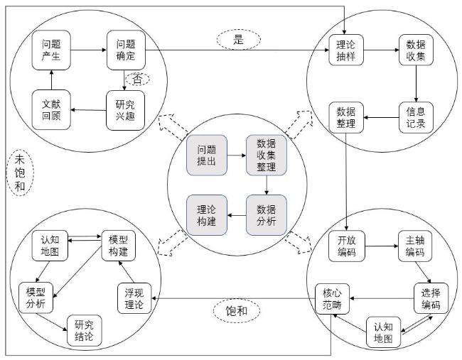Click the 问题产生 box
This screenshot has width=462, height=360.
coord(51,50)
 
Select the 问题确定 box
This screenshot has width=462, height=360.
coord(126,50)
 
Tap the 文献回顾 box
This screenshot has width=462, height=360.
coord(51,110)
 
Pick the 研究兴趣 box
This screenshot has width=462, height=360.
coord(125,110)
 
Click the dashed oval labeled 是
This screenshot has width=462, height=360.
coord(239,40)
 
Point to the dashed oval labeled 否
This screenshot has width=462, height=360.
coord(138,80)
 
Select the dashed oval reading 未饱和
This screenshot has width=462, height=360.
coord(20,173)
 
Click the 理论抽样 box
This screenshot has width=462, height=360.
coord(346,50)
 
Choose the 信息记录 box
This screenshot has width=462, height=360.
coord(416,117)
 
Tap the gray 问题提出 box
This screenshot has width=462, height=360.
coord(207,155)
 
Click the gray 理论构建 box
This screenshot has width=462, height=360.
coord(207,215)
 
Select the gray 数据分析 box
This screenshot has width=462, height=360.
coord(267,215)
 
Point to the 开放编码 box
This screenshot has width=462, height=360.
coord(347,246)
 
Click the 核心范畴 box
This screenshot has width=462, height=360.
coord(332,299)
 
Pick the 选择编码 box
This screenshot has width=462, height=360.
coord(431,298)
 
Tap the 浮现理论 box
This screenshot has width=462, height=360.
coord(134,298)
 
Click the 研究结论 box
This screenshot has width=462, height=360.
coord(85,331)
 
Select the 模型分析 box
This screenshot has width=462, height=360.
coord(36,298)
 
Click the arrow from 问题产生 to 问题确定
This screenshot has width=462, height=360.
coord(88,50)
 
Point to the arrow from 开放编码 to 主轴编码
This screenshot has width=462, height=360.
coord(382,246)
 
